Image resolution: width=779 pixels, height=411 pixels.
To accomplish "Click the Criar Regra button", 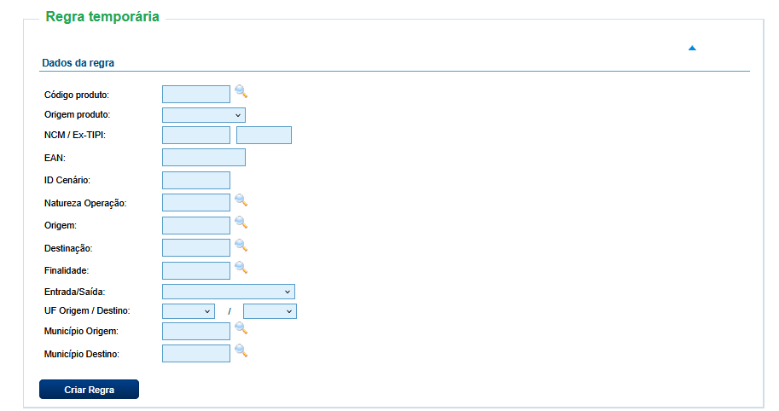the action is (89, 389).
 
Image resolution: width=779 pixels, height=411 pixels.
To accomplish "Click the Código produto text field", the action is (196, 95).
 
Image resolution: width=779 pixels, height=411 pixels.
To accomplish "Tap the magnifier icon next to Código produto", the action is (241, 91).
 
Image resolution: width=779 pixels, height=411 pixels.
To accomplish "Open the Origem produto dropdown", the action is (204, 115).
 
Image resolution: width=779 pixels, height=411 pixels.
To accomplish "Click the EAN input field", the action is (204, 158).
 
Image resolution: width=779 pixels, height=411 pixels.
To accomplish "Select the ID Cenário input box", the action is (196, 180).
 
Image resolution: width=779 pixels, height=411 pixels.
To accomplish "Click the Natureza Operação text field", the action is (196, 203).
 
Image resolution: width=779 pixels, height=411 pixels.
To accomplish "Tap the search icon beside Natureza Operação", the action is (241, 200).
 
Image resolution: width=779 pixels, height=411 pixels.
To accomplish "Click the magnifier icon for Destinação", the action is (241, 246).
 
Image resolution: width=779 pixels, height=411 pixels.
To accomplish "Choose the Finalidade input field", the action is (196, 270).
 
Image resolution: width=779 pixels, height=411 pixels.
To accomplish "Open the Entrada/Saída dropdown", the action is (229, 292).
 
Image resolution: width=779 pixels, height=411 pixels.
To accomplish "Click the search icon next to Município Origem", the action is (241, 328).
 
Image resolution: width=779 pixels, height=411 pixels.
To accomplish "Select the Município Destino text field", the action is (196, 353).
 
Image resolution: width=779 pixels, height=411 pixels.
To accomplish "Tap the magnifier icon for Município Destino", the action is (241, 351).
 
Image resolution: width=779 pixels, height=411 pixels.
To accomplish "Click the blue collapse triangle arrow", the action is (692, 48).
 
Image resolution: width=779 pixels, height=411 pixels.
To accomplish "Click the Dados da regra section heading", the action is (78, 63).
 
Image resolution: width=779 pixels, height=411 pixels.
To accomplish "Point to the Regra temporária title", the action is (102, 16).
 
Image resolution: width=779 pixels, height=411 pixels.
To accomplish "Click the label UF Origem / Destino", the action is (87, 310).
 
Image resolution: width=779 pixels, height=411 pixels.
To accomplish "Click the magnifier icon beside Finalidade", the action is (241, 268).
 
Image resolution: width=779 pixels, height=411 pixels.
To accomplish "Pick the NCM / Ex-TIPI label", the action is (75, 135).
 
